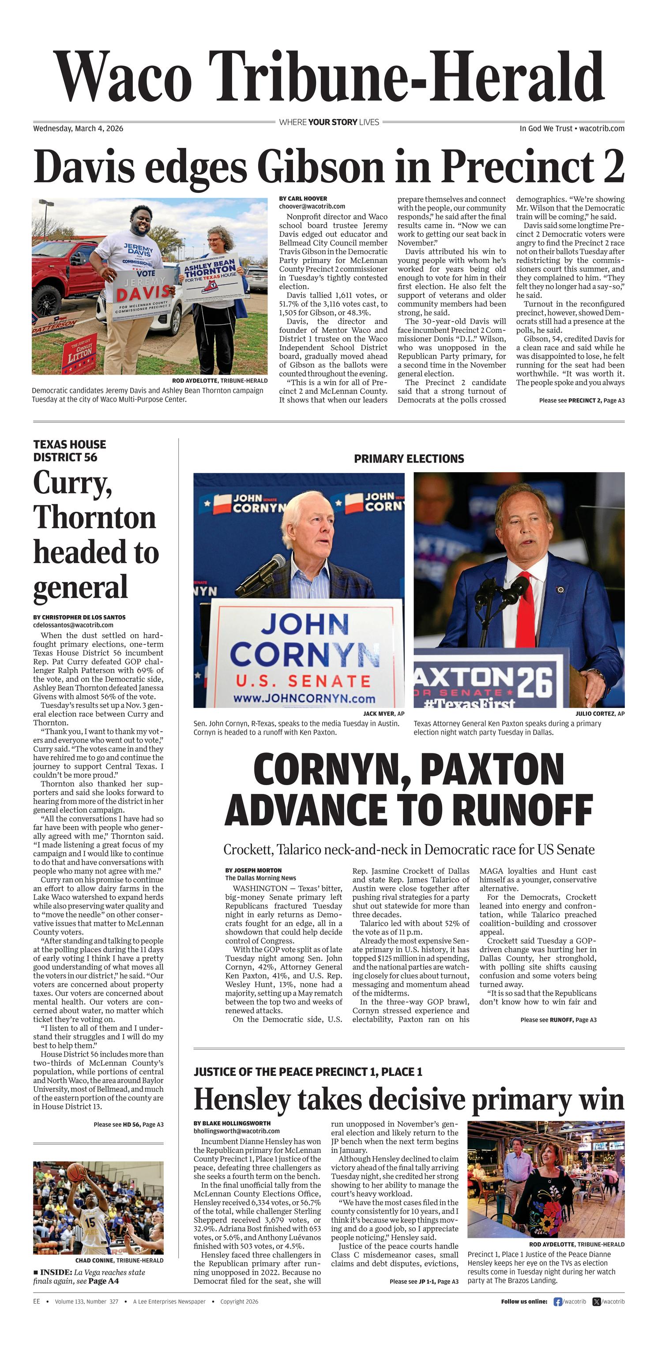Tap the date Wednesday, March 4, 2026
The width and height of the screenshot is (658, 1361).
[78, 128]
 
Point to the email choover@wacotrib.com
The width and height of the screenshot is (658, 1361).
[312, 207]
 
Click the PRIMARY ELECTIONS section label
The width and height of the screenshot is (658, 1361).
[409, 459]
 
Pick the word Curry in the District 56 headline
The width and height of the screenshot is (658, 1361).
[72, 483]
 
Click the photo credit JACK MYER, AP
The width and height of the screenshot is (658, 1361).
[383, 713]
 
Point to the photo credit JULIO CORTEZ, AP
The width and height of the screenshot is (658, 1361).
[600, 713]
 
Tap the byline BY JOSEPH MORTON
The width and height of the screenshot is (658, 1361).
[253, 870]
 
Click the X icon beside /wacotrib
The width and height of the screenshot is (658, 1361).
[597, 1302]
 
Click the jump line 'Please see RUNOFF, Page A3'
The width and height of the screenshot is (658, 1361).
[558, 1020]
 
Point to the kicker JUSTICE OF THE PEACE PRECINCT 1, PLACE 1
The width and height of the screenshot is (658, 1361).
[308, 1072]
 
